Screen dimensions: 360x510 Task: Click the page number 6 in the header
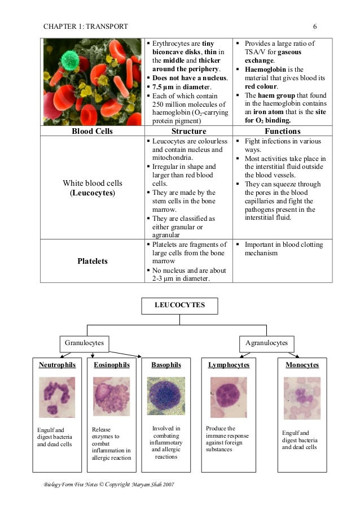[314, 26]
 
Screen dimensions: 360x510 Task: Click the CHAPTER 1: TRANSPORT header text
[85, 26]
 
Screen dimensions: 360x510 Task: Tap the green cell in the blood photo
[69, 59]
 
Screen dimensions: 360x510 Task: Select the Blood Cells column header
[92, 131]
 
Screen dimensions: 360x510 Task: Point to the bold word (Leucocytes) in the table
[92, 193]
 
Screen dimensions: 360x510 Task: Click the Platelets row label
[92, 261]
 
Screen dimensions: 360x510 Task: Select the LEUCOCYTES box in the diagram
[179, 306]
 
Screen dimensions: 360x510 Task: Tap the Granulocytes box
[85, 343]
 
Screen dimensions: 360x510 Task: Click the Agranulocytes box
[267, 343]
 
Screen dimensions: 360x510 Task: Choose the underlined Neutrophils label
[56, 365]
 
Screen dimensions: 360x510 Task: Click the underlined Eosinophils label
[112, 365]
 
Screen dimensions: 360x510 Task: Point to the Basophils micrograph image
[166, 396]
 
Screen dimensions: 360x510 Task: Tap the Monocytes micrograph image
[302, 398]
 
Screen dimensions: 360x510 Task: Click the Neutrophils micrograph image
[56, 397]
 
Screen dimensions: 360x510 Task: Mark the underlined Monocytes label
[302, 365]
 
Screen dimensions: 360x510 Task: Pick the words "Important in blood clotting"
[284, 245]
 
